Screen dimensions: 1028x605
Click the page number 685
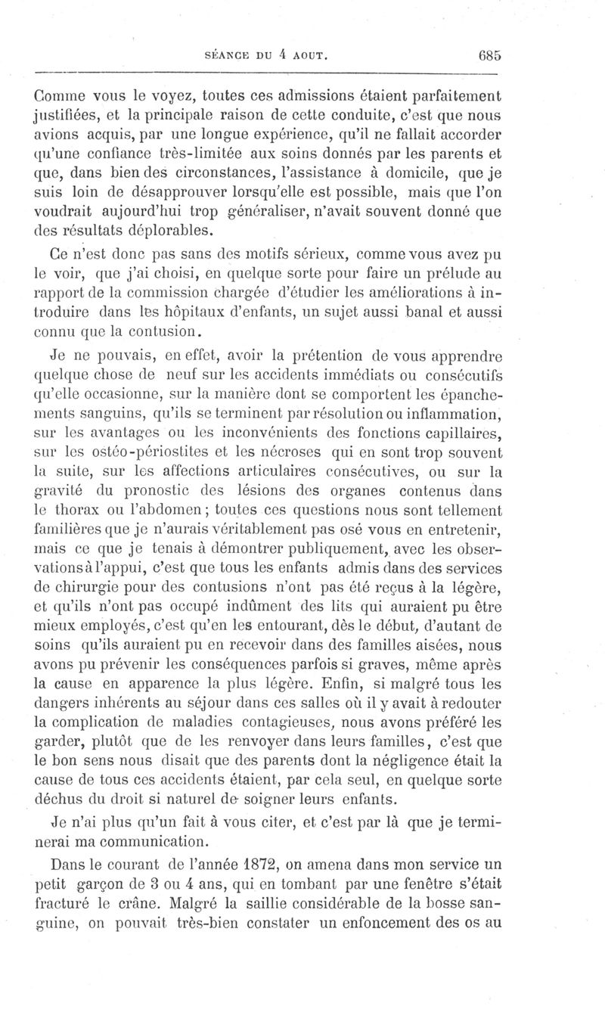click(490, 55)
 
